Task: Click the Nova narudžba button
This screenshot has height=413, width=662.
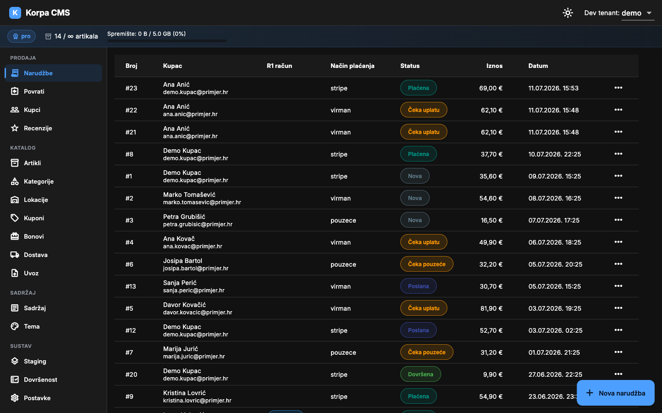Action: (x=616, y=393)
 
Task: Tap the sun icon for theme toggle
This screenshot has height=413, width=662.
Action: (x=568, y=13)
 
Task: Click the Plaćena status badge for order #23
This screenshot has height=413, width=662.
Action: (x=418, y=88)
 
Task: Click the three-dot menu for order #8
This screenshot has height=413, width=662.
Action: (x=618, y=154)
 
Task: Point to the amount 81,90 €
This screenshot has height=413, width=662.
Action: (x=491, y=308)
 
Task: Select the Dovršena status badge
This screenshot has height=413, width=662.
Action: (x=421, y=374)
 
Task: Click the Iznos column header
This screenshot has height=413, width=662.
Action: (x=495, y=66)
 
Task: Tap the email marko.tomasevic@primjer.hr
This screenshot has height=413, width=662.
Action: (x=202, y=202)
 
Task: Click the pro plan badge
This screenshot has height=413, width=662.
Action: (x=22, y=36)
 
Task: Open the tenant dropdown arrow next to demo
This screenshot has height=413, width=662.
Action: (x=649, y=13)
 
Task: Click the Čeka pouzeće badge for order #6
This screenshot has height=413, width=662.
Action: (x=427, y=264)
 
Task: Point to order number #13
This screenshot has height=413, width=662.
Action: (x=131, y=286)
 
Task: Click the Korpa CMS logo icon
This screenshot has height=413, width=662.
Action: (x=15, y=13)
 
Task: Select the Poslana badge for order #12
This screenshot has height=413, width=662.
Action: (x=418, y=330)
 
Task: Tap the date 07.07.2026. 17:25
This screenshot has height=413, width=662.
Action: (x=554, y=220)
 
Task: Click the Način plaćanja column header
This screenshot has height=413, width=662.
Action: (x=353, y=66)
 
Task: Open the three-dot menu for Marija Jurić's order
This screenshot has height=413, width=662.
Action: (x=618, y=352)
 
